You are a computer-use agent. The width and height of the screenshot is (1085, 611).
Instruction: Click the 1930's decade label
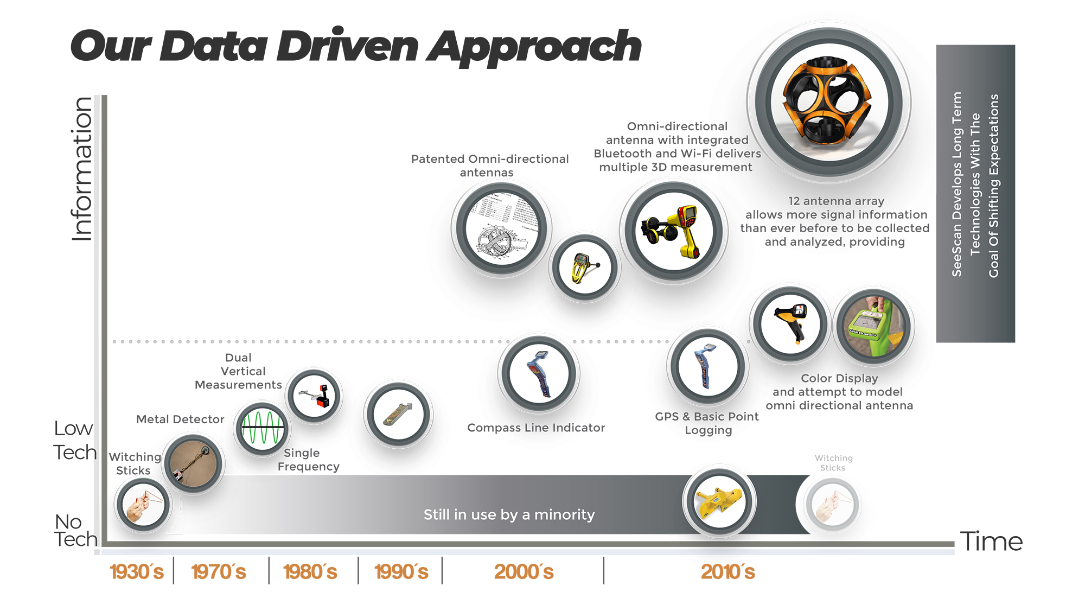(x=137, y=572)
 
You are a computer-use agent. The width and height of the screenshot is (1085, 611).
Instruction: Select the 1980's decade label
(x=310, y=572)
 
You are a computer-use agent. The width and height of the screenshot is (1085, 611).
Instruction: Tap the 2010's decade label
(x=728, y=572)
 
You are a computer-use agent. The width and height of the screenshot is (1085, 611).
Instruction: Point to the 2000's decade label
(x=524, y=572)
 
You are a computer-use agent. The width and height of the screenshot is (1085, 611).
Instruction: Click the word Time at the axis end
(x=991, y=542)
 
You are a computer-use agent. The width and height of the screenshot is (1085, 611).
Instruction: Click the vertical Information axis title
(x=82, y=169)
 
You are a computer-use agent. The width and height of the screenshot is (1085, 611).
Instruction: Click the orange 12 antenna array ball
(x=828, y=102)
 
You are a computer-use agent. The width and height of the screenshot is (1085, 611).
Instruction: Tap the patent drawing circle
(x=501, y=228)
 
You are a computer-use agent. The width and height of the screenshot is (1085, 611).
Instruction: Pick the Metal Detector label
(x=180, y=419)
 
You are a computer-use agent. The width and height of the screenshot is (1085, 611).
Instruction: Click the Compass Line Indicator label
(x=536, y=428)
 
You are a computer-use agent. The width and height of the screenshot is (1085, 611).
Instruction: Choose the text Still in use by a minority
(x=509, y=514)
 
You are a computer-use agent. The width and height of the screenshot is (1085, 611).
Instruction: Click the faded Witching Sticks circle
(x=832, y=505)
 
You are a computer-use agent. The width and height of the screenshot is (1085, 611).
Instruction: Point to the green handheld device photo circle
(x=873, y=326)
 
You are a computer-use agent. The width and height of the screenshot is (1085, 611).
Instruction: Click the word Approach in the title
(x=534, y=47)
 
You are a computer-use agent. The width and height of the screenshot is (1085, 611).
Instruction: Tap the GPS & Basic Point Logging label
(x=707, y=423)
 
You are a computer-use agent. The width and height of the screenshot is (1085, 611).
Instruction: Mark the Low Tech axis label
(x=75, y=440)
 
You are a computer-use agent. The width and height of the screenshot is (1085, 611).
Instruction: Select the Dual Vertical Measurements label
(x=239, y=371)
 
